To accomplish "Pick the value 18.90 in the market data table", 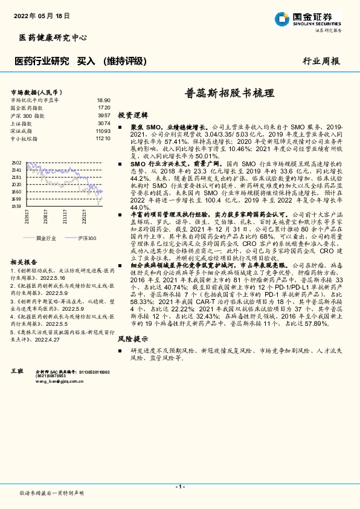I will pos(103,100).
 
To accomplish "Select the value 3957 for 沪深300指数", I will pos(104,115).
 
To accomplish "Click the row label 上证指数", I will pos(21,123).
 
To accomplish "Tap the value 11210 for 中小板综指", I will pos(103,138).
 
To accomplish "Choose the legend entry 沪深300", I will pos(86,238).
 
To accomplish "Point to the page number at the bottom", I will pos(179,487).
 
